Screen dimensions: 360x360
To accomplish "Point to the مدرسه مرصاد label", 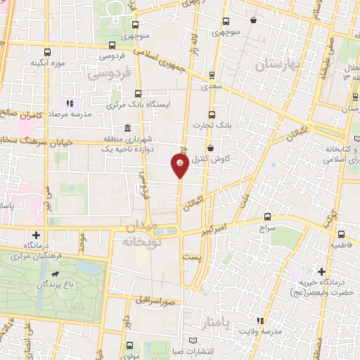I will pos(70,115).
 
